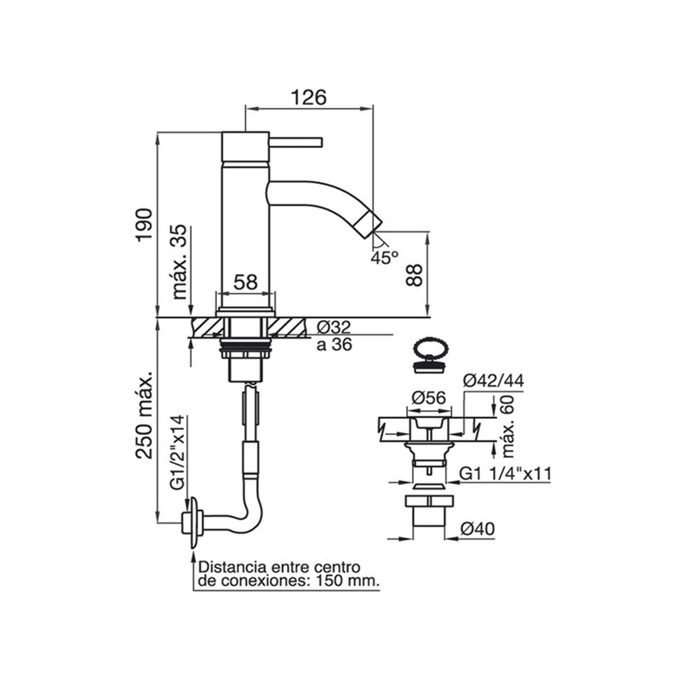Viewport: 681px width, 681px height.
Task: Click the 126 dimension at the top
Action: click(308, 97)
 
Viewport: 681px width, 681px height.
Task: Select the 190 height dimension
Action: click(144, 226)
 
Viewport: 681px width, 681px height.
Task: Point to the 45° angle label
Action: click(385, 258)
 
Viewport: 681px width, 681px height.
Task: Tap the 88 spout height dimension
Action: click(415, 275)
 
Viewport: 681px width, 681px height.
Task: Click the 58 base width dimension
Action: click(246, 283)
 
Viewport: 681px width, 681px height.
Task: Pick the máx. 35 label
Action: click(180, 261)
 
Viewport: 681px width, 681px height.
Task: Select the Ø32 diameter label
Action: click(334, 327)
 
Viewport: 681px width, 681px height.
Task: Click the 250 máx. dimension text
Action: click(144, 415)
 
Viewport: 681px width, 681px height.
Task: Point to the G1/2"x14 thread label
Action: click(178, 453)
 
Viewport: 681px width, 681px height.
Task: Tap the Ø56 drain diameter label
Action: click(429, 398)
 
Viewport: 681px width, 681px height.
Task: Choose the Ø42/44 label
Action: click(494, 381)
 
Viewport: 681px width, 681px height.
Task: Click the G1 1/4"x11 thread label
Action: click(505, 473)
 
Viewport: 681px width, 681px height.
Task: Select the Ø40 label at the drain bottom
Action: click(478, 529)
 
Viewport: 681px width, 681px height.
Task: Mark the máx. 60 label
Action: click(507, 426)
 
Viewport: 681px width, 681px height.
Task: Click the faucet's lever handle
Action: click(295, 142)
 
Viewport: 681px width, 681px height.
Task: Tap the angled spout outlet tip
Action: click(368, 223)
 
